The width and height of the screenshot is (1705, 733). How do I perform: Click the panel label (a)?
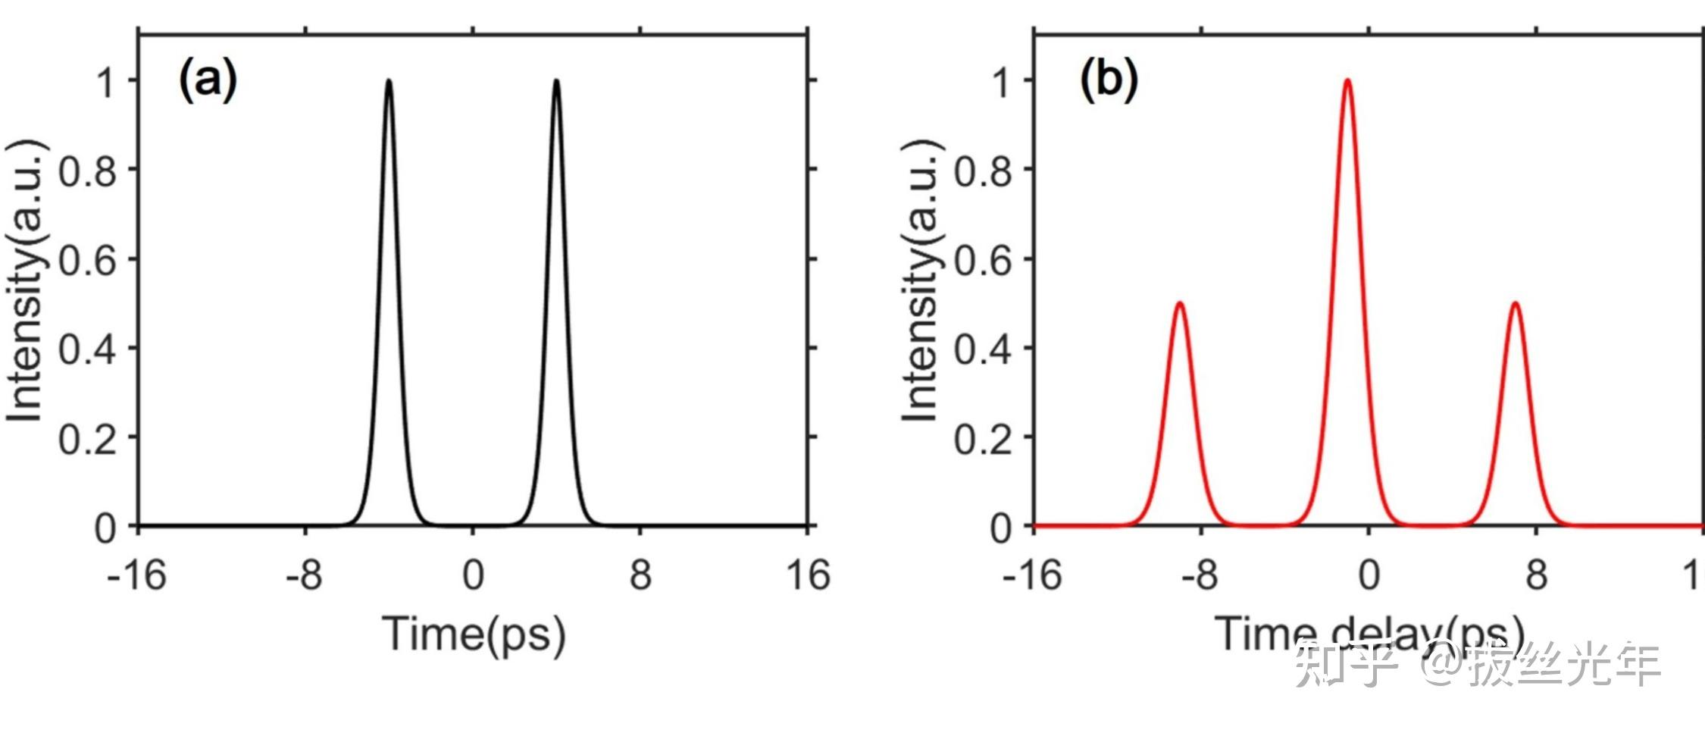point(208,80)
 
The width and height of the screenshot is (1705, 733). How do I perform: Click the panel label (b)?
point(1108,80)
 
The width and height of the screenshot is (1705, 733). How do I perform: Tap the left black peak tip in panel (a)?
point(389,80)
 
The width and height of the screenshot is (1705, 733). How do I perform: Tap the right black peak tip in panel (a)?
point(556,80)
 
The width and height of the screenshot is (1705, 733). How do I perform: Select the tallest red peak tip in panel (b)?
point(1347,80)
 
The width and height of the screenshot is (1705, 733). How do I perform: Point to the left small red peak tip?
point(1179,303)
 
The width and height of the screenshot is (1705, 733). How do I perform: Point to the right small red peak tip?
point(1515,303)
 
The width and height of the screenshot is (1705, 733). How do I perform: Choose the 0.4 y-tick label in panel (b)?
point(983,349)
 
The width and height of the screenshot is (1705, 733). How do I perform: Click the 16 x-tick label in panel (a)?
point(808,575)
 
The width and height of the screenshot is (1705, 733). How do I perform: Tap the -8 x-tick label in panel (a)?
point(304,575)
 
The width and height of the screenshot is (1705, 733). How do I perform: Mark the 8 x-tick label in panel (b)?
point(1536,575)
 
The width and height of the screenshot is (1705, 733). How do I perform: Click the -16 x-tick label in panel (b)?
point(1032,575)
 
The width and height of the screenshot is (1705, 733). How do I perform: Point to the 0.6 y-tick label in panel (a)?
point(88,261)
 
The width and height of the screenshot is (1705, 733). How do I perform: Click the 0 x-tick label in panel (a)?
point(473,575)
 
